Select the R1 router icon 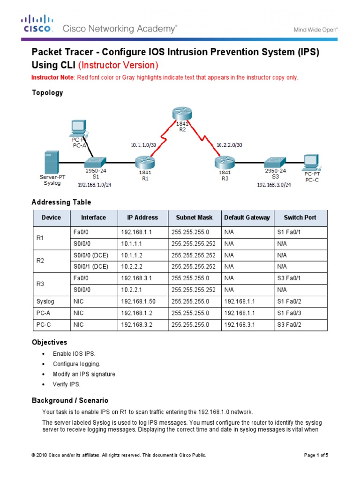click(142, 162)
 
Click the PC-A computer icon click(79, 127)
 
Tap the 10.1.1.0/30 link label click(143, 145)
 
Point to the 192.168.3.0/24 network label click(274, 185)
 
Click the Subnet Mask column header click(194, 217)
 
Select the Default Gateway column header click(247, 217)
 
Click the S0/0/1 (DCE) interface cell click(91, 266)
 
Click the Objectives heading click(49, 342)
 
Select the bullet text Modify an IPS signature click(85, 374)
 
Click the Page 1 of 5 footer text click(317, 455)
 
